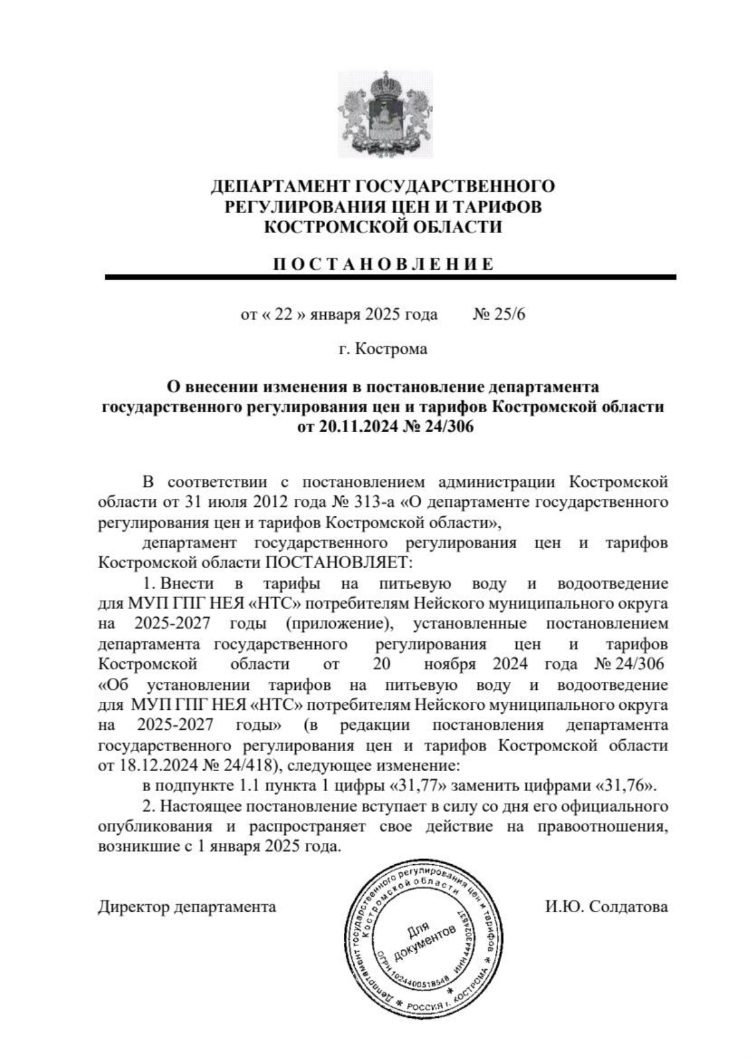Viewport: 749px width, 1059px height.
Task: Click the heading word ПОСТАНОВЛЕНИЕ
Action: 384,264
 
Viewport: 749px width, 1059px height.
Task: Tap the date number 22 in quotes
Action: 284,314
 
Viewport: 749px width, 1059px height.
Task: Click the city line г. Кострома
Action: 383,349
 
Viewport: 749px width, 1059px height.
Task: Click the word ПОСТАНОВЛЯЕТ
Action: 338,563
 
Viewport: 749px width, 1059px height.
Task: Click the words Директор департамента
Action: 187,907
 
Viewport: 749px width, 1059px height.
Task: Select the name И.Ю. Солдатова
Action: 606,907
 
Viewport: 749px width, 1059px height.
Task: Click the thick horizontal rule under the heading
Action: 390,277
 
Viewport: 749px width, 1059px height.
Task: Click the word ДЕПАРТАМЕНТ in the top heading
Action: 282,187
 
